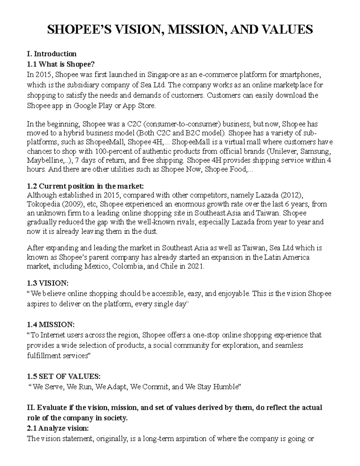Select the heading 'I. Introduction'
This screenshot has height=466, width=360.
[x=52, y=54]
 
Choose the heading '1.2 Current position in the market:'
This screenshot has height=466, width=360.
[x=86, y=186]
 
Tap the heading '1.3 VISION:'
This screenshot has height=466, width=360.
[x=47, y=283]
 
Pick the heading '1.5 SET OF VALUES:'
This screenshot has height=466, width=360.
[x=63, y=377]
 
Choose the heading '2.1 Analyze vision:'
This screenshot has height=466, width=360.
[x=57, y=428]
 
